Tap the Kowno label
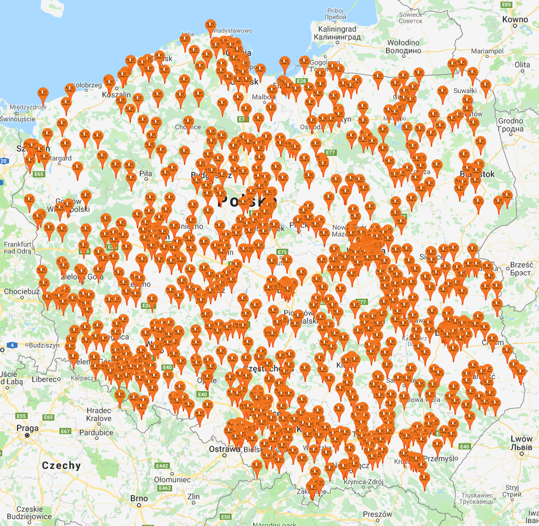click(x=514, y=19)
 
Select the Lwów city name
click(x=521, y=439)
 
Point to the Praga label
click(x=27, y=428)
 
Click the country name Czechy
click(x=61, y=465)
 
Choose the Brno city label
click(x=139, y=499)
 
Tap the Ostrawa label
click(x=224, y=449)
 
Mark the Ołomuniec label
click(x=172, y=479)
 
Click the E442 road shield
click(x=162, y=465)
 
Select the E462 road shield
click(x=165, y=488)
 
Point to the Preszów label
click(x=378, y=514)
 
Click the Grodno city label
click(x=511, y=121)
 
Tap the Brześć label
click(x=521, y=265)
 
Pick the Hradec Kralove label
click(x=99, y=414)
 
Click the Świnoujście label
click(x=18, y=119)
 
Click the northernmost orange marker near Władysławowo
click(x=211, y=25)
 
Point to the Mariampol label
click(x=487, y=51)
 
